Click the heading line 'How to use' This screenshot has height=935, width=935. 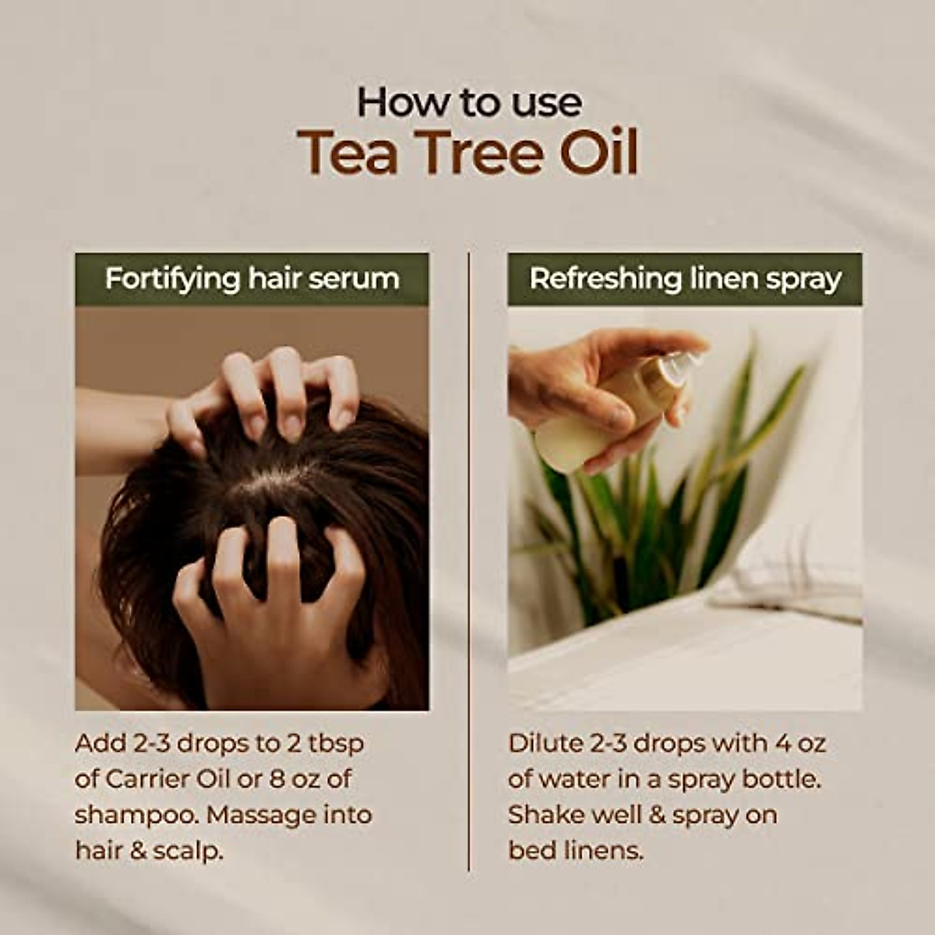click(x=469, y=102)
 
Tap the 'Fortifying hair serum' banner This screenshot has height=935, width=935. click(x=252, y=280)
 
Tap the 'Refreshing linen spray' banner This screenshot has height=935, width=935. click(x=685, y=280)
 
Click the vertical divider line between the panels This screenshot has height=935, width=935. click(x=469, y=561)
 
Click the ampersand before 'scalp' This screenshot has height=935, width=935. click(x=138, y=852)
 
